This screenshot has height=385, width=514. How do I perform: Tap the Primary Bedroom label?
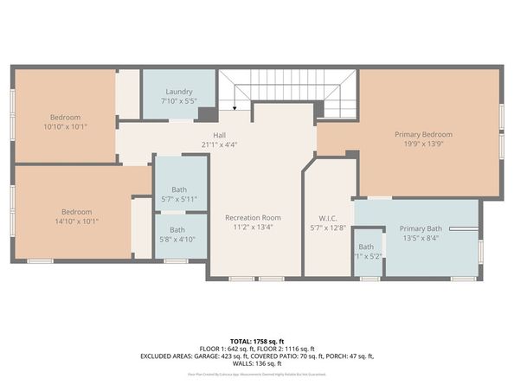click(423, 134)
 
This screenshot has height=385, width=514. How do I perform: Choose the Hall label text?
click(220, 135)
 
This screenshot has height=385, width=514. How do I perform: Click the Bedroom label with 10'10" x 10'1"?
click(65, 117)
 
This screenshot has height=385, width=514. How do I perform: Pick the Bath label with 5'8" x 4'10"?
click(177, 229)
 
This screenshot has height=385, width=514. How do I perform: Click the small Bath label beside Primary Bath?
click(367, 247)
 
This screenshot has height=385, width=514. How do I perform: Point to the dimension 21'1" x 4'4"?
click(219, 144)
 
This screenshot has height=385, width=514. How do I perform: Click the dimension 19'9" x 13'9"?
click(423, 145)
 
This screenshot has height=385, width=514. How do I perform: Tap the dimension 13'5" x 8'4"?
click(421, 238)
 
